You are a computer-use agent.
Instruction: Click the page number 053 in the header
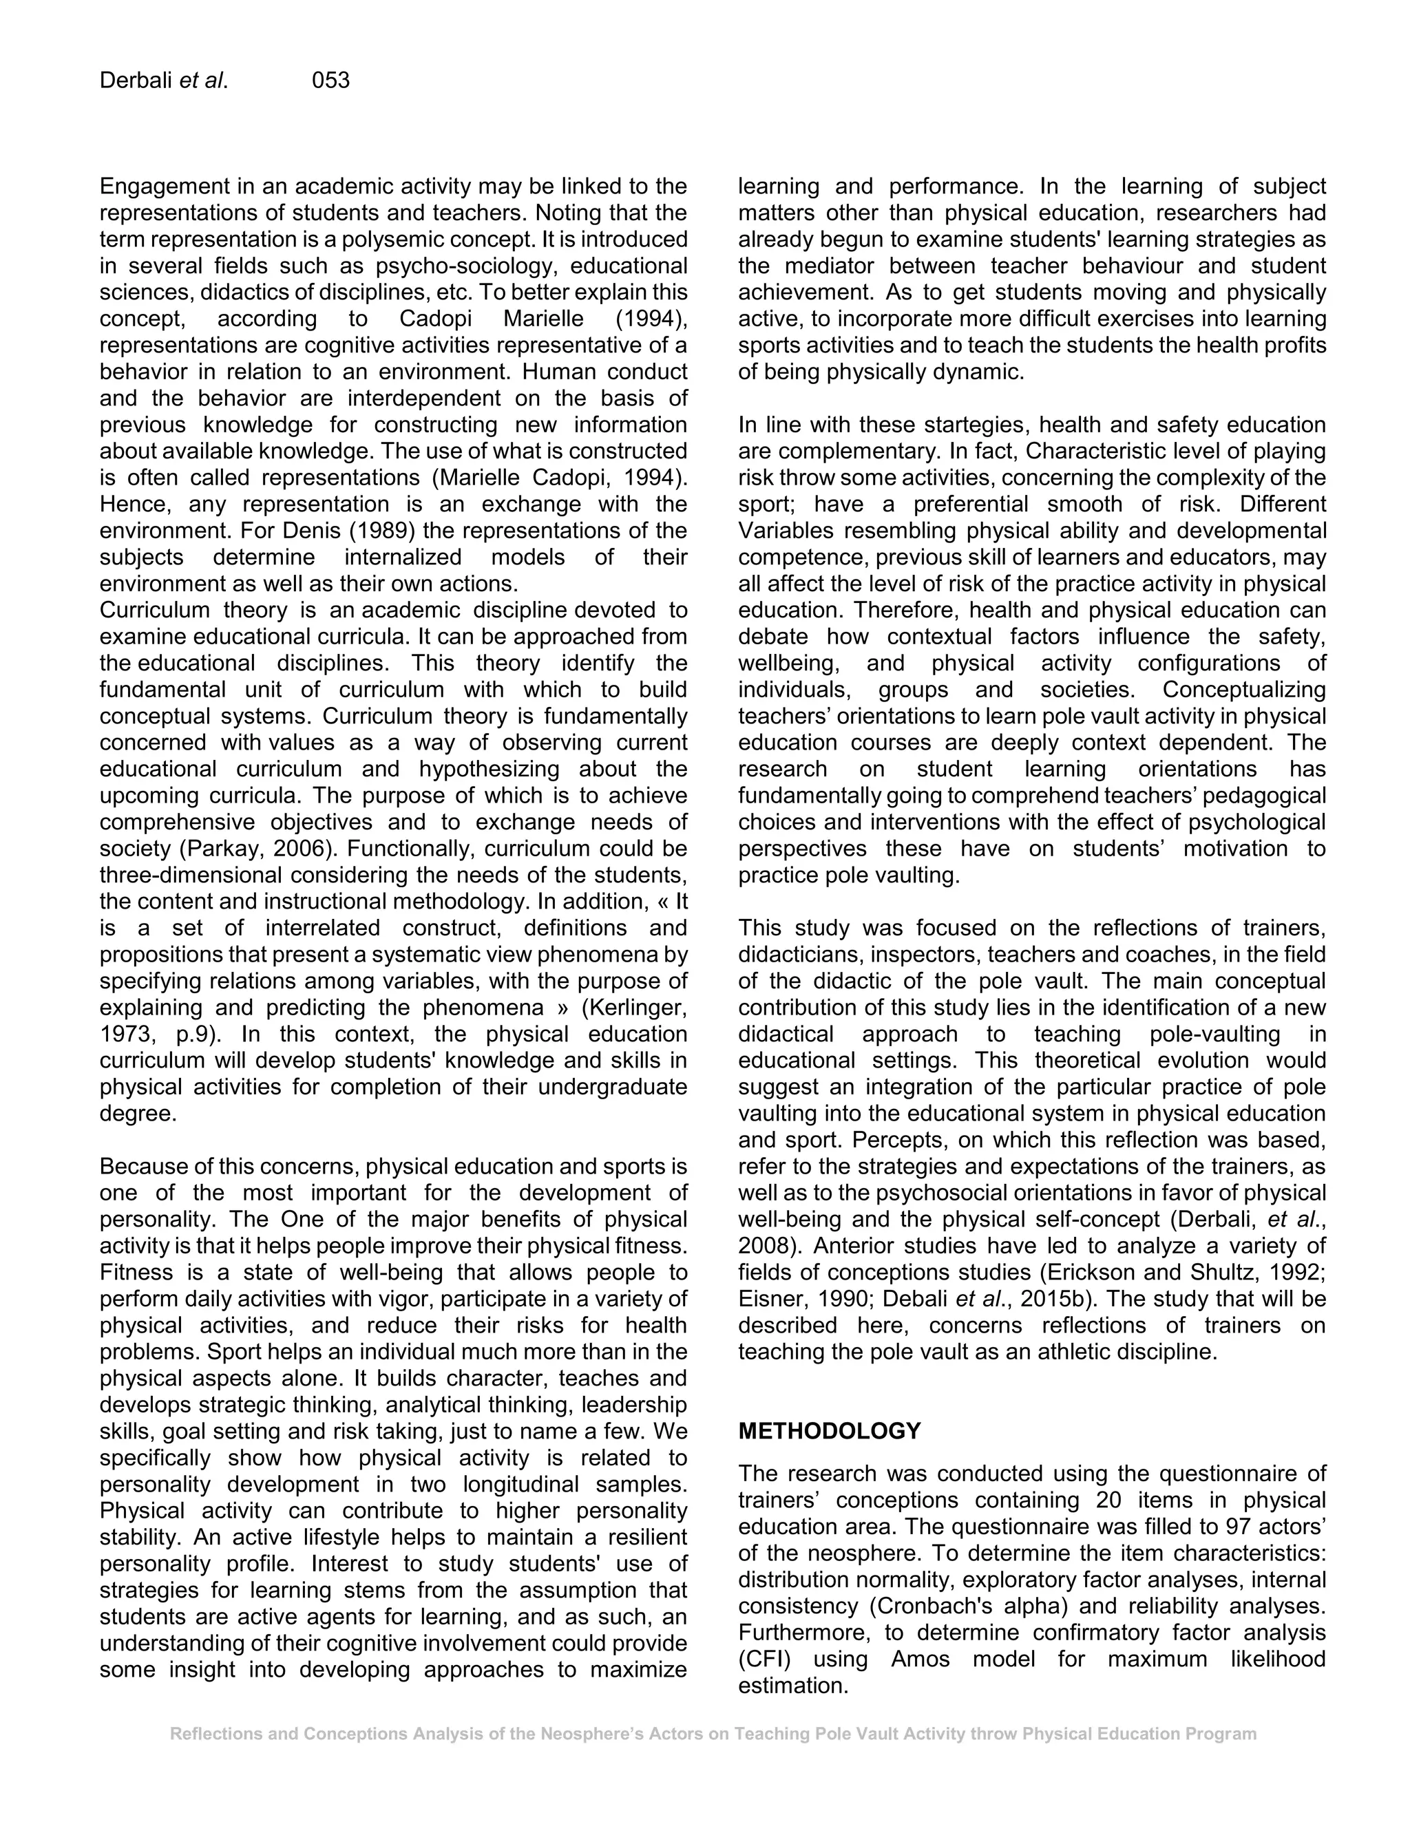coord(330,81)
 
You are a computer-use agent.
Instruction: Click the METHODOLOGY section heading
coord(829,1431)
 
